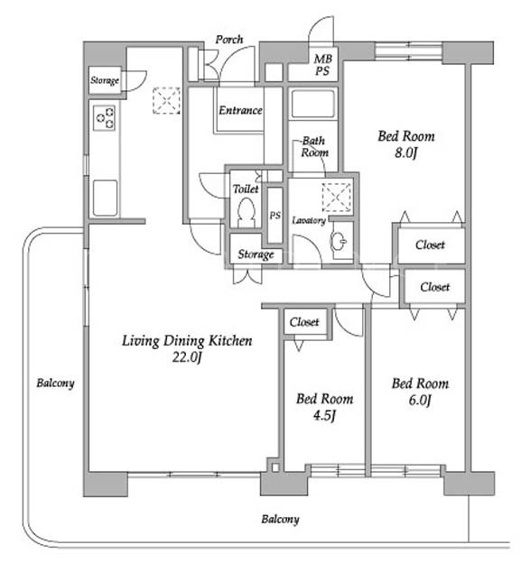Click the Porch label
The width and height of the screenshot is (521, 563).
click(228, 39)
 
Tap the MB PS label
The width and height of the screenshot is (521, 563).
click(322, 65)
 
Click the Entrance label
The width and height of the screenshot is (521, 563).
click(240, 110)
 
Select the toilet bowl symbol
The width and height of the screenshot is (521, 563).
click(247, 212)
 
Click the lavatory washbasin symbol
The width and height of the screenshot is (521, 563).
click(338, 242)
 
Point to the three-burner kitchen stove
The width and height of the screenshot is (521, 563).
click(104, 117)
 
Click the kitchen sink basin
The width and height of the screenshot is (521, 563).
click(105, 198)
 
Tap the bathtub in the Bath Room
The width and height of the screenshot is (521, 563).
click(313, 104)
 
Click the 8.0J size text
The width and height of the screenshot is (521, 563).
click(405, 153)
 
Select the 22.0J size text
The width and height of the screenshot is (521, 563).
click(186, 357)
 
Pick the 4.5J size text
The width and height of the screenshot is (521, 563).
click(324, 415)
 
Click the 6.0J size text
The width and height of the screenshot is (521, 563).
click(419, 400)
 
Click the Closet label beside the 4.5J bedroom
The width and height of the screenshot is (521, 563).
click(304, 322)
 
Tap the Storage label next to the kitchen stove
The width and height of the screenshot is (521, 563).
click(105, 80)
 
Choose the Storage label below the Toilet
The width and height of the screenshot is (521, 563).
click(256, 254)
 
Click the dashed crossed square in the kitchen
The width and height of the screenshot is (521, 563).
click(166, 100)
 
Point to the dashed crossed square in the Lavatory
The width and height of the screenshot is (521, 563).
click(337, 197)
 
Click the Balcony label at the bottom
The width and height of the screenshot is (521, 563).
click(280, 519)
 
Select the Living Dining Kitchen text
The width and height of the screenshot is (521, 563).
click(187, 341)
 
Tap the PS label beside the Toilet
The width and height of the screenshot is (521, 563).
click(274, 216)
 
